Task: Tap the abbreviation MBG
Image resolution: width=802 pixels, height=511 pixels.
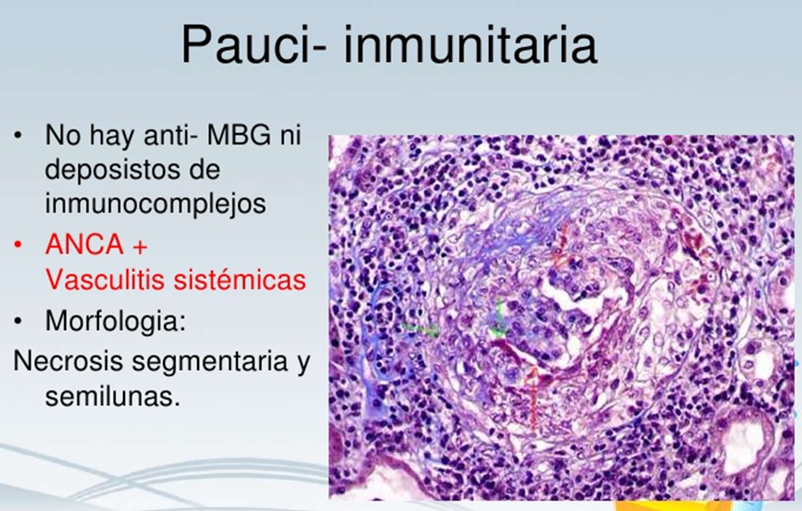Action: (239, 135)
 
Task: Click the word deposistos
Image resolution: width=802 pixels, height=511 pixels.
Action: (132, 170)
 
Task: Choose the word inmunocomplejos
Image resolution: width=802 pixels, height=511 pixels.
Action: (155, 204)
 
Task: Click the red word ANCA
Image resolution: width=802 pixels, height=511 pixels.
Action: (85, 244)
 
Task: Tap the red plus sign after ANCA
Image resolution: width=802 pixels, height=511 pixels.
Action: (140, 246)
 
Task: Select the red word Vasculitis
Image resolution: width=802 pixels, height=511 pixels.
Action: (105, 279)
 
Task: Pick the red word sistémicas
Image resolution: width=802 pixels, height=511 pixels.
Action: (240, 279)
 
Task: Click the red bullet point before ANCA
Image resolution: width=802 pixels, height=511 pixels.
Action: (18, 245)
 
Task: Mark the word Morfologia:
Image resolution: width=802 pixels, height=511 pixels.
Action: (115, 321)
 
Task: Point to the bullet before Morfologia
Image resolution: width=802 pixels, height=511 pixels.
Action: (18, 321)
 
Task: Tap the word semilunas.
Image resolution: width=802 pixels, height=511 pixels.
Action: (112, 396)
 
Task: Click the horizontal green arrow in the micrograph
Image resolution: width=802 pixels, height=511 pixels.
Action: (420, 328)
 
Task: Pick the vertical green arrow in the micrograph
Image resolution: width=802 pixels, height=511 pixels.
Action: (498, 319)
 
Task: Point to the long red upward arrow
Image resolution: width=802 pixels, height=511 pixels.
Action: (533, 399)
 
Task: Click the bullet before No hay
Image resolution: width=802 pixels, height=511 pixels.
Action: (18, 136)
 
